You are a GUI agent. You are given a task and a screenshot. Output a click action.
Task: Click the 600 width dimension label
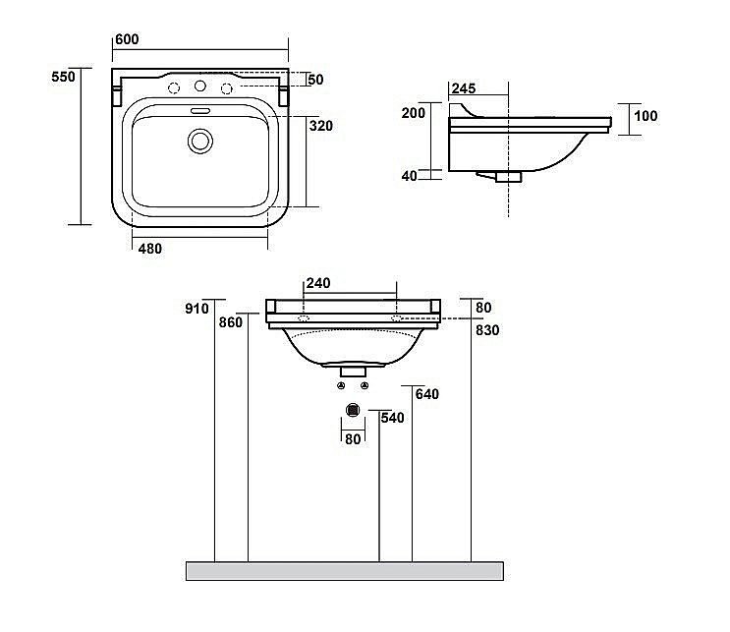(127, 39)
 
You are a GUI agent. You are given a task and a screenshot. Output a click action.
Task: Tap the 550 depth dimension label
(63, 77)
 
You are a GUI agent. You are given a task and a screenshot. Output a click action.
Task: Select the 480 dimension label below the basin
(150, 249)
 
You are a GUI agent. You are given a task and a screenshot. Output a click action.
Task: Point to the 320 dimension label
(321, 126)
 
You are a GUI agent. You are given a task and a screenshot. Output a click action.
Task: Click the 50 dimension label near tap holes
(315, 80)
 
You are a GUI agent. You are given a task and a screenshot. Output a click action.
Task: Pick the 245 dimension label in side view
(464, 88)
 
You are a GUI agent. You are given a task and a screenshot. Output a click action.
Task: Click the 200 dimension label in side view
(414, 113)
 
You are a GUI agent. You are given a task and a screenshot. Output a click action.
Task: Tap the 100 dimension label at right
(646, 116)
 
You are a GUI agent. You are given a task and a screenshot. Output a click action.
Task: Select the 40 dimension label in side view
(410, 176)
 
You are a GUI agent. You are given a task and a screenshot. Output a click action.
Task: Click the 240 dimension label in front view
(318, 283)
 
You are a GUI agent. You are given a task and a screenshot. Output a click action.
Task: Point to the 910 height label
(197, 309)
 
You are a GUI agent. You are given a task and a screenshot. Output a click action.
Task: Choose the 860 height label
(231, 322)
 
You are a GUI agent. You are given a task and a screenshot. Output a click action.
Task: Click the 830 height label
(487, 330)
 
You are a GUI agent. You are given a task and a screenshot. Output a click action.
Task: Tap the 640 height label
(427, 394)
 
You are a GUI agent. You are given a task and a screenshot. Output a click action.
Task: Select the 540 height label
(392, 418)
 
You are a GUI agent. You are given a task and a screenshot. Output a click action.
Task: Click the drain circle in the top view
(200, 142)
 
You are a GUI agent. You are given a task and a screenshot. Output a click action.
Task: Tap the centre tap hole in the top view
(200, 86)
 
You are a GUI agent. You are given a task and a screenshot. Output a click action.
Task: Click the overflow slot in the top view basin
(200, 111)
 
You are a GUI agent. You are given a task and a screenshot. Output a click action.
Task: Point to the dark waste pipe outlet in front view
(354, 410)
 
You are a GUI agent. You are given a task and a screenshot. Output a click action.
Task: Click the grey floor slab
(345, 571)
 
